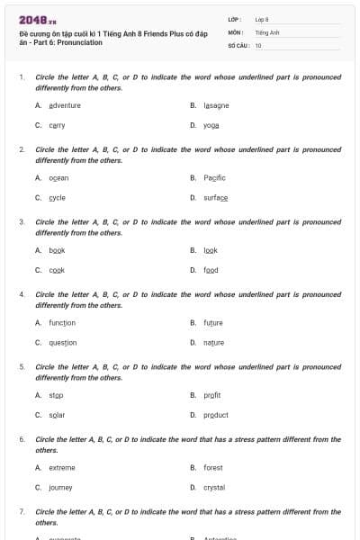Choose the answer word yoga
pos(211,125)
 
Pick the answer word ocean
pos(58,178)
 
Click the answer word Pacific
pos(214,178)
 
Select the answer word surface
pos(215,198)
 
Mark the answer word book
pos(57,250)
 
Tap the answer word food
pos(211,270)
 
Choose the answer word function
pos(62,323)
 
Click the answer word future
pos(213,323)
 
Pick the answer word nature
pos(213,343)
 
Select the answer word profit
pos(212,395)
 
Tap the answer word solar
pos(57,415)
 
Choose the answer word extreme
pos(62,468)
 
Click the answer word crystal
pos(214,488)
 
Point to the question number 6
pos(22,439)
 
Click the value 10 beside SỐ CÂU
pos(259,45)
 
